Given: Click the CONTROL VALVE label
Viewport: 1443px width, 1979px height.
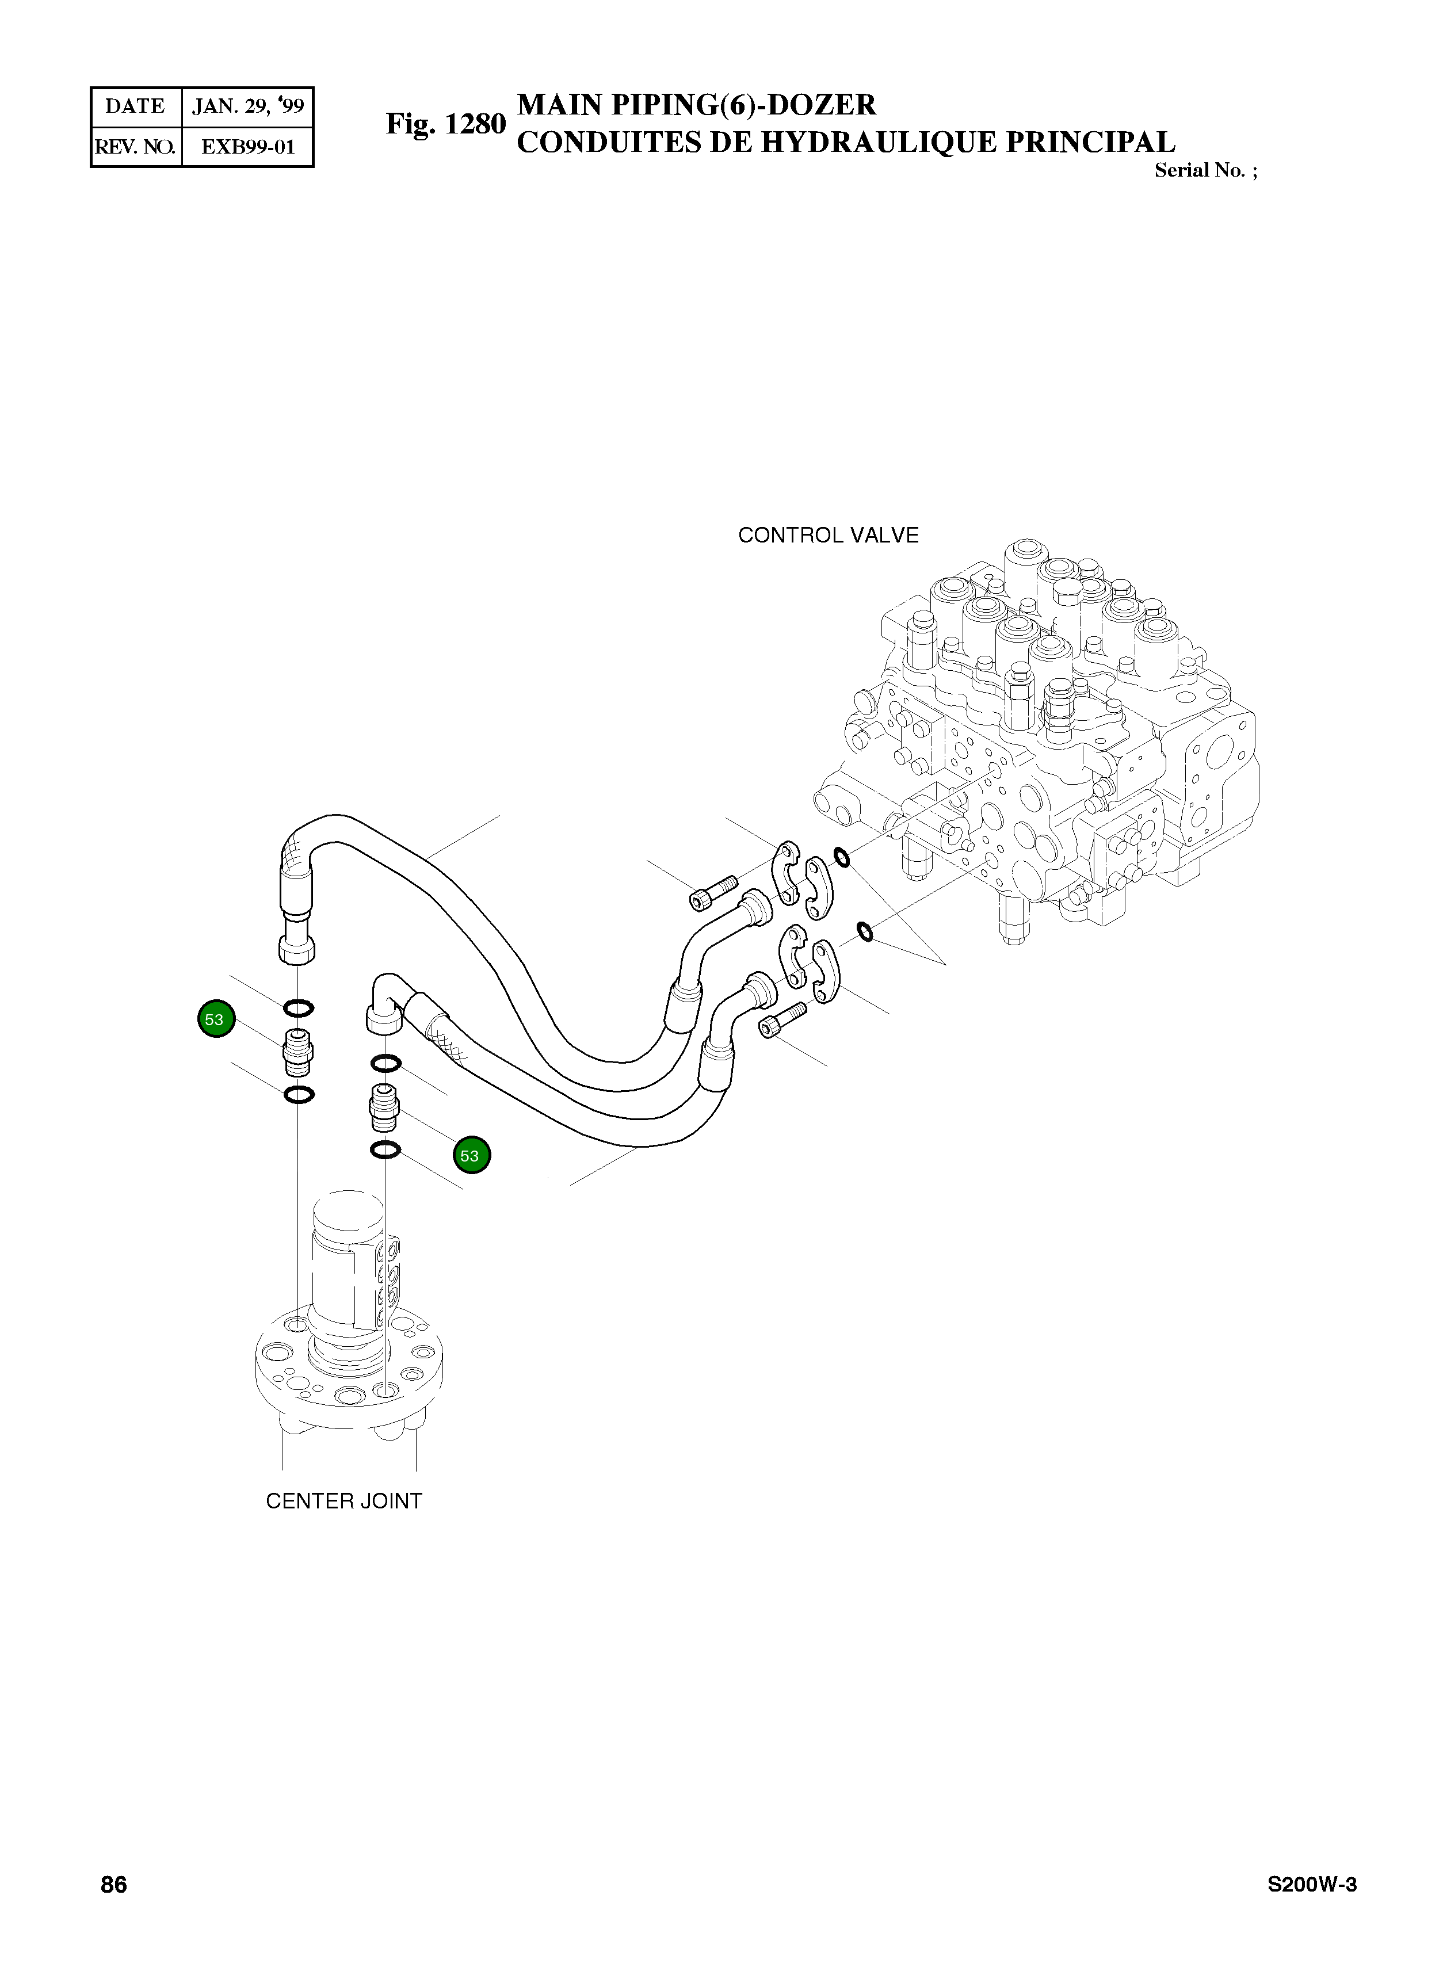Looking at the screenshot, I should pyautogui.click(x=828, y=536).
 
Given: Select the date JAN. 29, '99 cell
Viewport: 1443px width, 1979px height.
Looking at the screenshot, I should pyautogui.click(x=248, y=106).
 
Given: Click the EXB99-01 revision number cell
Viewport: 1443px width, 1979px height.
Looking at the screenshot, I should pyautogui.click(x=248, y=147).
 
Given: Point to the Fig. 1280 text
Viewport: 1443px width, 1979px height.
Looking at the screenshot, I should pyautogui.click(x=445, y=124).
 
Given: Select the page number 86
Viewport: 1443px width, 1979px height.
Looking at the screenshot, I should pyautogui.click(x=113, y=1909).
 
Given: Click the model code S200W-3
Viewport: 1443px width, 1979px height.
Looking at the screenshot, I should pyautogui.click(x=1312, y=1909).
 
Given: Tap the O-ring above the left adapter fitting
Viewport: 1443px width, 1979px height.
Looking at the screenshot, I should pyautogui.click(x=299, y=1008).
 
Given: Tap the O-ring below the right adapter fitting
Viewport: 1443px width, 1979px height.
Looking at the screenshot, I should pyautogui.click(x=385, y=1150).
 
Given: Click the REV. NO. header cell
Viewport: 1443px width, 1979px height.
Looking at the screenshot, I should pyautogui.click(x=135, y=147).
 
